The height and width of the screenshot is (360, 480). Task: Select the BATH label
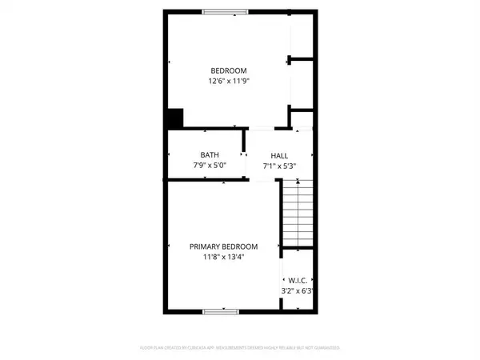pos(209,155)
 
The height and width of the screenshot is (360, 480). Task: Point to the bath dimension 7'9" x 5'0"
pos(209,166)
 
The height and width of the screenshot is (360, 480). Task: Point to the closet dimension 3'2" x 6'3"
pos(294,291)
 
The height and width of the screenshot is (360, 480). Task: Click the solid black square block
pos(175,118)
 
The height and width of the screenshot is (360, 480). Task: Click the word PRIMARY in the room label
pos(205,247)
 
